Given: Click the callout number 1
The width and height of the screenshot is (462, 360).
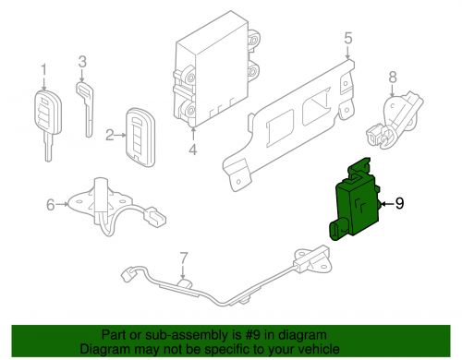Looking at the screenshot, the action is point(43,70).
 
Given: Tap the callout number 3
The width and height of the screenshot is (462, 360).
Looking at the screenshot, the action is point(82,62).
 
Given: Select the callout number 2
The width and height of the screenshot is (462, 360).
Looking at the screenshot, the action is point(110,135).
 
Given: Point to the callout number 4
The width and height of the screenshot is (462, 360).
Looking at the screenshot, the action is point(193,150).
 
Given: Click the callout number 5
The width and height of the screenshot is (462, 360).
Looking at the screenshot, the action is point(348,38).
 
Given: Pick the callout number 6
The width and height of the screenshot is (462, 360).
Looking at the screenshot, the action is point(51,205).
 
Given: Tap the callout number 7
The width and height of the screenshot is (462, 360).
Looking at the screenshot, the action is point(184,258).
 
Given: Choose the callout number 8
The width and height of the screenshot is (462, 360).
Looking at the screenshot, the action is point(393,78).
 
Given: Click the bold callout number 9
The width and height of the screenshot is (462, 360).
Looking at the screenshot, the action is point(399,203).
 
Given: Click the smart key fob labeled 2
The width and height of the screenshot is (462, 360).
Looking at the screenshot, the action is point(140,138).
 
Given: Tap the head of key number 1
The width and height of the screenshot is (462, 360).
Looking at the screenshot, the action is point(47,112).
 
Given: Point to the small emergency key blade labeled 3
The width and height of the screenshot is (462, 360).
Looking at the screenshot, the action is point(85,109).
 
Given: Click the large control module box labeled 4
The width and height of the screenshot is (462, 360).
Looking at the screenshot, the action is point(215,69).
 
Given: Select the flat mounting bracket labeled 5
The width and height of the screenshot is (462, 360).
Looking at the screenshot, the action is point(288,126).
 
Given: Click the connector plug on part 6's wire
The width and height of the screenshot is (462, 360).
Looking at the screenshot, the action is point(154,216).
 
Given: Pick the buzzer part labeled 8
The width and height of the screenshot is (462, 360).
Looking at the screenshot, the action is point(394,120).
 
